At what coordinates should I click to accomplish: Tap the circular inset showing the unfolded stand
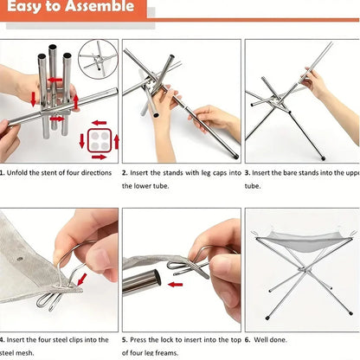coord(97,59)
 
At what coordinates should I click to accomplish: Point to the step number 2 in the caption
coord(125,172)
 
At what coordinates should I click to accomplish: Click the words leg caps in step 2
coord(204,172)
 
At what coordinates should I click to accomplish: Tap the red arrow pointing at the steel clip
coord(80,279)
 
